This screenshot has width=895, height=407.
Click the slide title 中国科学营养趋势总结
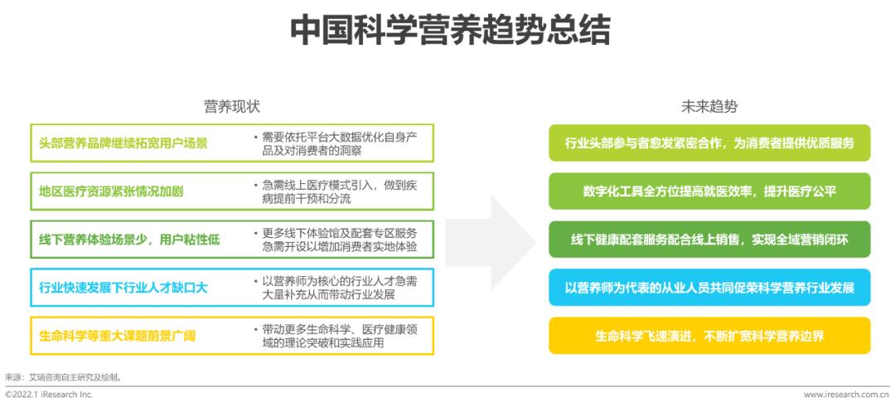(450, 30)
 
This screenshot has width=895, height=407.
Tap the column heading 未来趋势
(709, 107)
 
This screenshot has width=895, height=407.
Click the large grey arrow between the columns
(491, 242)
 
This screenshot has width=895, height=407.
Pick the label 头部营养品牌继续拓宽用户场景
(123, 143)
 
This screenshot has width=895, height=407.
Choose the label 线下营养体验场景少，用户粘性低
(129, 240)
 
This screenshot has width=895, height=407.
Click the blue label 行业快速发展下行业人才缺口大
(123, 288)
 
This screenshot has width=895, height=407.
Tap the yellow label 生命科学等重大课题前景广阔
(117, 336)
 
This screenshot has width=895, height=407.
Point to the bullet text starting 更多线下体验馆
(336, 240)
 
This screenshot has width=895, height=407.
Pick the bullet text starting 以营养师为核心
(336, 288)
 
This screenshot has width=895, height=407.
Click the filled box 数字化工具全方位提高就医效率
(709, 191)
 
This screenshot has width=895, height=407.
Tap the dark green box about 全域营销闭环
(709, 240)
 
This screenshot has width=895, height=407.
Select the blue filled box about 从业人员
(709, 288)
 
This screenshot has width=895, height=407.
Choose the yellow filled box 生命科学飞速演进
(709, 336)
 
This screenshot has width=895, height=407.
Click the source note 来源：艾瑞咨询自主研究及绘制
(63, 377)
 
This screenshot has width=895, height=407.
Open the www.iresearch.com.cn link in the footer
(846, 395)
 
